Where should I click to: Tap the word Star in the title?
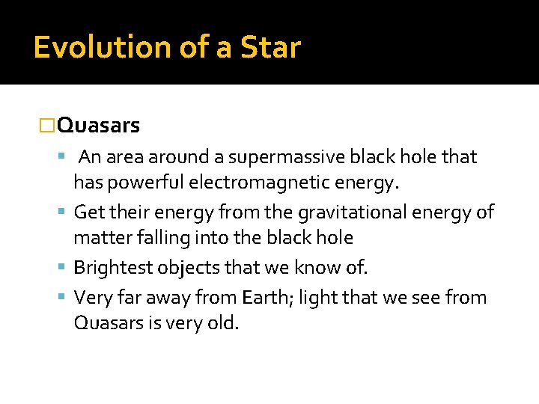point(270,47)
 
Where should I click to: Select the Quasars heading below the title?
point(98,126)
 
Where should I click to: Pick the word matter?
point(98,239)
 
